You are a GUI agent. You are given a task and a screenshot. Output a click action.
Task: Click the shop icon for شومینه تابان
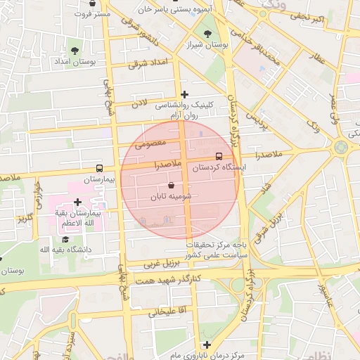pyautogui.click(x=172, y=185)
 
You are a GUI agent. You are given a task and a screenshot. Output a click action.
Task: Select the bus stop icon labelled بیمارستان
pyautogui.click(x=98, y=169)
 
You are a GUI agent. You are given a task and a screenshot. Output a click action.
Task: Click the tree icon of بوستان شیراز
pyautogui.click(x=207, y=33)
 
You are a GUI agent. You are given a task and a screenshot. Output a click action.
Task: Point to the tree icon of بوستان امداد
pyautogui.click(x=75, y=50)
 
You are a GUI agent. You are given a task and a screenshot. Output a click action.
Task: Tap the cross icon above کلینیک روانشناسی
pyautogui.click(x=184, y=94)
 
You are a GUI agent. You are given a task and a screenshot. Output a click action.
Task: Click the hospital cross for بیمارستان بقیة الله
pyautogui.click(x=77, y=202)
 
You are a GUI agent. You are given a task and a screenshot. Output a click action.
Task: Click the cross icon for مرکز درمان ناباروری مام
pyautogui.click(x=206, y=345)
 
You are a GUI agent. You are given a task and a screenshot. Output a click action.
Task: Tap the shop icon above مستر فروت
pyautogui.click(x=92, y=4)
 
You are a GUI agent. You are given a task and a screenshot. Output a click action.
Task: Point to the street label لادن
pyautogui.click(x=140, y=104)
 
